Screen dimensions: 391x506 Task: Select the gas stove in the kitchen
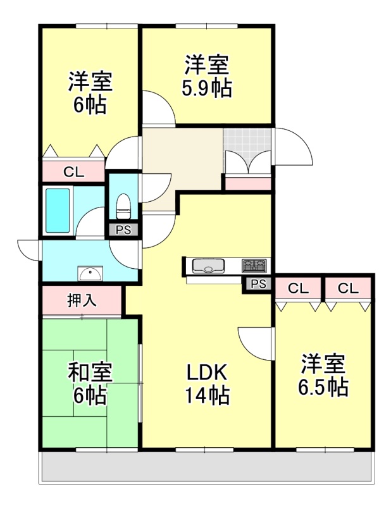[254, 266]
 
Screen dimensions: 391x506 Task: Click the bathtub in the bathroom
[58, 211]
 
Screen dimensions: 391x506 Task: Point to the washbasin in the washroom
[90, 274]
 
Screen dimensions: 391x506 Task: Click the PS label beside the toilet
[123, 230]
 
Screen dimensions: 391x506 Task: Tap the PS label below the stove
[259, 283]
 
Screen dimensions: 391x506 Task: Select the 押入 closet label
[82, 300]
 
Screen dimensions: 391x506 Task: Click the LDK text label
[208, 372]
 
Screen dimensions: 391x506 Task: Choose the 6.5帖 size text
[323, 387]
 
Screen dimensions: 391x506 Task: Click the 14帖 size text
[208, 395]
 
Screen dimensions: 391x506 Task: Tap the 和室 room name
[90, 373]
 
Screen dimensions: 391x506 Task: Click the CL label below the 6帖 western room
[73, 172]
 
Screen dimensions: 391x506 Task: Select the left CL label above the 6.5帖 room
[299, 288]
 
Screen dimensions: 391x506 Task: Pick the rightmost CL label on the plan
[348, 288]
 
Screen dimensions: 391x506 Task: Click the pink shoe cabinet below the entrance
[248, 183]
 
